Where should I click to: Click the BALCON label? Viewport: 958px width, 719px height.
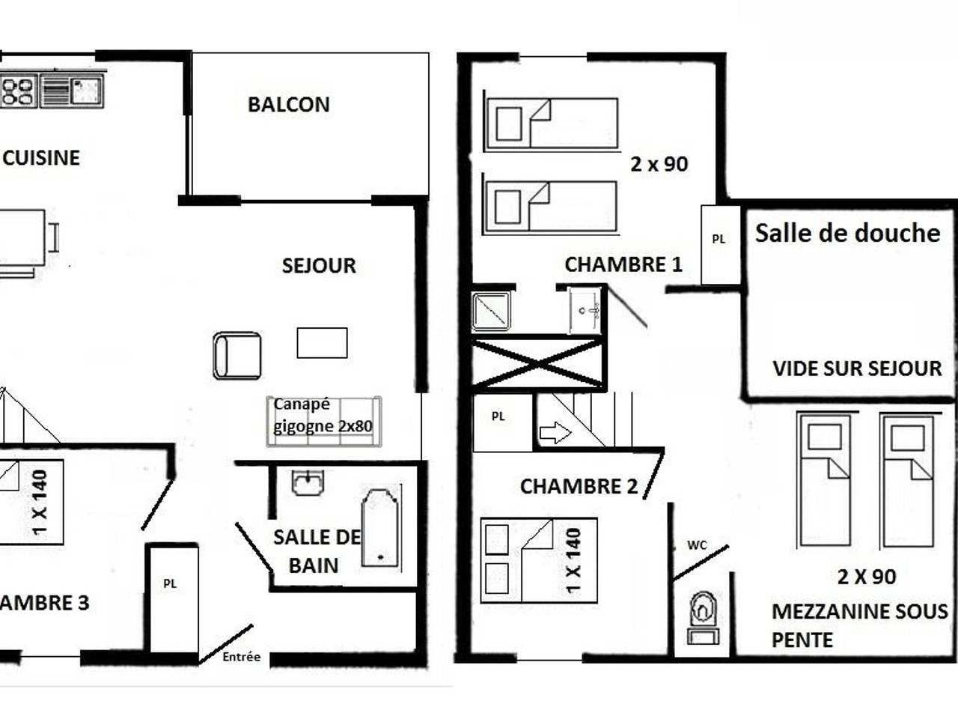point(288,104)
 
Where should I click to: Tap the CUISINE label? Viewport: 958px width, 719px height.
point(41,157)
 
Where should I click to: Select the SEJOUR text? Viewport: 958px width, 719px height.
point(319,266)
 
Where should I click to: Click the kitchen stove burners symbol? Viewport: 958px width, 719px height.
point(19,91)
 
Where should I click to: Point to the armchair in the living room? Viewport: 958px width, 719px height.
point(237,356)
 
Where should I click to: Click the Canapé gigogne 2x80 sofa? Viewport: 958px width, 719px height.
point(323,421)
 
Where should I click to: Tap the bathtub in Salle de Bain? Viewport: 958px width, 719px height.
point(380,527)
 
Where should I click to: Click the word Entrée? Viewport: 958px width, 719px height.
point(241,657)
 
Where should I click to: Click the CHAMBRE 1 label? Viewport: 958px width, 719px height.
point(623,264)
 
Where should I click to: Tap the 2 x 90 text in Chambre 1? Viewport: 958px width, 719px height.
point(659,164)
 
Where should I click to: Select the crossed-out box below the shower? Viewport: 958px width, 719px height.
point(537,363)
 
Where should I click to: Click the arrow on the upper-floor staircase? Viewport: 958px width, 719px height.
point(555,433)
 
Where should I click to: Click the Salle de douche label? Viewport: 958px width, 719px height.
point(846,233)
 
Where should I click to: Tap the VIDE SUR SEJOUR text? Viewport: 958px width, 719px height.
point(857,368)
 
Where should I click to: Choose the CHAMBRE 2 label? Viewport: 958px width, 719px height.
point(579,487)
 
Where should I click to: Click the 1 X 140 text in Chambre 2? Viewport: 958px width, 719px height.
point(574,560)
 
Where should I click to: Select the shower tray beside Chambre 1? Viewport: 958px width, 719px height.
point(492,311)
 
